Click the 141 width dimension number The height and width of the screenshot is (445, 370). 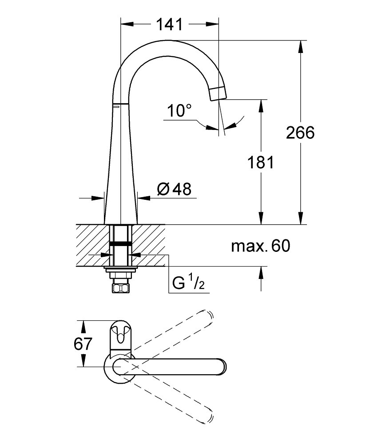tap(169, 24)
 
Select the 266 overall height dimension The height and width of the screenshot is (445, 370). tap(300, 133)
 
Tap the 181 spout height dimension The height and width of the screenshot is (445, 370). tap(261, 162)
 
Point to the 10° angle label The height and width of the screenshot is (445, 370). tap(179, 110)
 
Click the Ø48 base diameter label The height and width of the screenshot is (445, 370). tap(174, 189)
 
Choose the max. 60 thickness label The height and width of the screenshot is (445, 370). tap(261, 246)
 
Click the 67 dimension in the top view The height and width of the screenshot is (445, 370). tap(83, 344)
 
